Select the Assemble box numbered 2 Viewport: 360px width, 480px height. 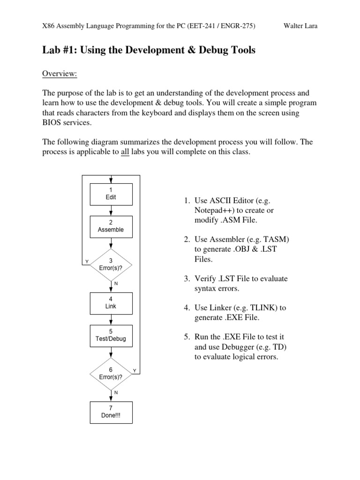pyautogui.click(x=111, y=226)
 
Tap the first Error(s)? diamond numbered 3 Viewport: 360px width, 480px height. pyautogui.click(x=111, y=264)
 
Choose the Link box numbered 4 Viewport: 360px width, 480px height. pyautogui.click(x=111, y=303)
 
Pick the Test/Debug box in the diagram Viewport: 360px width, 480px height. pyautogui.click(x=111, y=335)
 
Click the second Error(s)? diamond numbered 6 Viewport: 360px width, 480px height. pyautogui.click(x=111, y=373)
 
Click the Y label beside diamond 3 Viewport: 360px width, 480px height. pyautogui.click(x=86, y=261)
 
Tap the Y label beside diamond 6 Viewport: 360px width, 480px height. pyautogui.click(x=134, y=371)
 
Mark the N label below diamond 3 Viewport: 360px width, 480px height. pyautogui.click(x=116, y=284)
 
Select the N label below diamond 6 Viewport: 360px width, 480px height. pyautogui.click(x=116, y=392)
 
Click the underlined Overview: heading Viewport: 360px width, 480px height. pyautogui.click(x=60, y=74)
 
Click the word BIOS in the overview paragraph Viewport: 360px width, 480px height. pyautogui.click(x=52, y=123)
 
